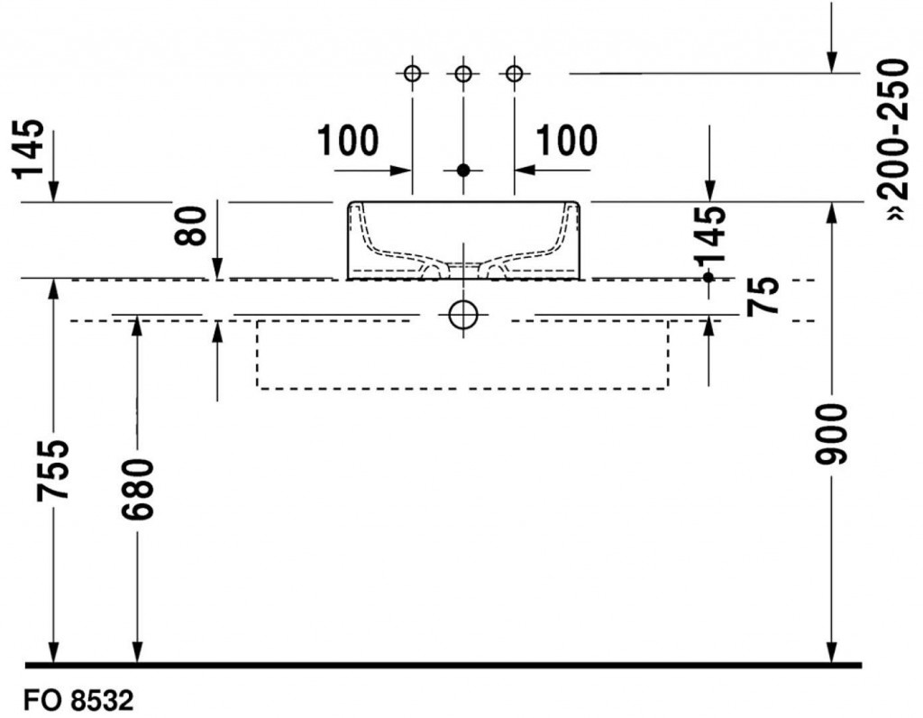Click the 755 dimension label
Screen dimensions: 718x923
(54, 470)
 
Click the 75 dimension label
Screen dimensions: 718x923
(763, 297)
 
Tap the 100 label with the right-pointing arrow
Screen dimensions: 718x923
(348, 141)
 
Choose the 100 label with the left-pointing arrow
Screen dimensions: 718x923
(566, 141)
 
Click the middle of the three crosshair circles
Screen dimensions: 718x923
(463, 73)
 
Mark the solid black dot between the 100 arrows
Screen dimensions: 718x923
(463, 170)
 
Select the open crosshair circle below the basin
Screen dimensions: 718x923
(462, 315)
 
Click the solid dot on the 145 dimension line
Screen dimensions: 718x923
(708, 278)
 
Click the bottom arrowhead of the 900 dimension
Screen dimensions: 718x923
(832, 653)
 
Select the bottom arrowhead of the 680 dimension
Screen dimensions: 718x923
(137, 653)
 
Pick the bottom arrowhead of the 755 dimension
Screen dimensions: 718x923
(54, 653)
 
